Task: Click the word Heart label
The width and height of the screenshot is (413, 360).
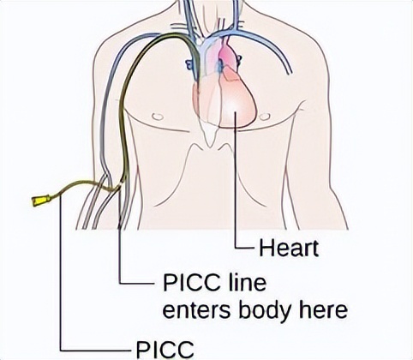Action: (x=289, y=249)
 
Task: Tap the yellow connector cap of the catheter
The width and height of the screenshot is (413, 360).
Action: (x=39, y=201)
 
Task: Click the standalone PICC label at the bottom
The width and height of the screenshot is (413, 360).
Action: (x=165, y=349)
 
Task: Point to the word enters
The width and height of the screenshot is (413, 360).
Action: (x=196, y=310)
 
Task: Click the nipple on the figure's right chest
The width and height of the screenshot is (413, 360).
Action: (x=265, y=117)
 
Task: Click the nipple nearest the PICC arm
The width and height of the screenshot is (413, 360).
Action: (x=158, y=117)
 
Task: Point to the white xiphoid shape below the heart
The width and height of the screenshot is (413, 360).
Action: (x=211, y=135)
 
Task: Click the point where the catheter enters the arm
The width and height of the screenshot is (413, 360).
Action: (x=120, y=187)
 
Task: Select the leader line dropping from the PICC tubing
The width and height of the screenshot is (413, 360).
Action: (x=61, y=273)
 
